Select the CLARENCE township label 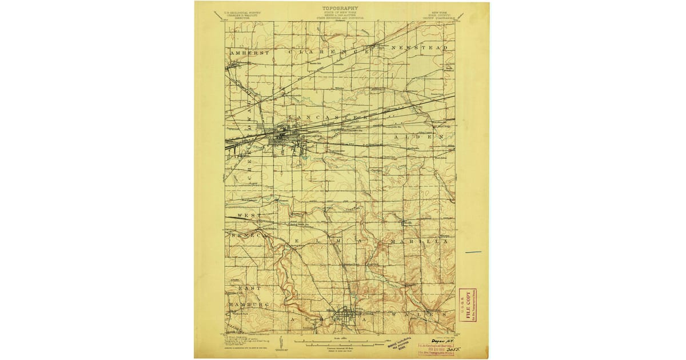tap(326, 51)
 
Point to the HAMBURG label tap(244, 305)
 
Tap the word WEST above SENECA tap(245, 215)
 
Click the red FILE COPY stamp tap(468, 305)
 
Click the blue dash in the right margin tap(473, 252)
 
